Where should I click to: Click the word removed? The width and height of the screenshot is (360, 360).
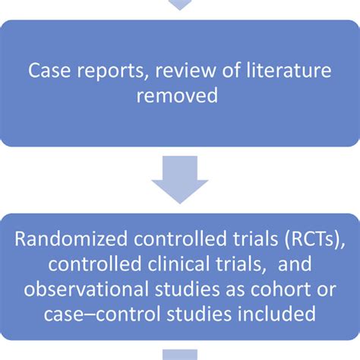click(x=180, y=96)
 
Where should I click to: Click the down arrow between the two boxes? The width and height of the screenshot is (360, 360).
click(x=180, y=180)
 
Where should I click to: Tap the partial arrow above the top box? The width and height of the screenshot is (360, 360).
click(x=180, y=5)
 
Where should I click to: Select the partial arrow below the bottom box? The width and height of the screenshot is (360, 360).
click(x=180, y=355)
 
